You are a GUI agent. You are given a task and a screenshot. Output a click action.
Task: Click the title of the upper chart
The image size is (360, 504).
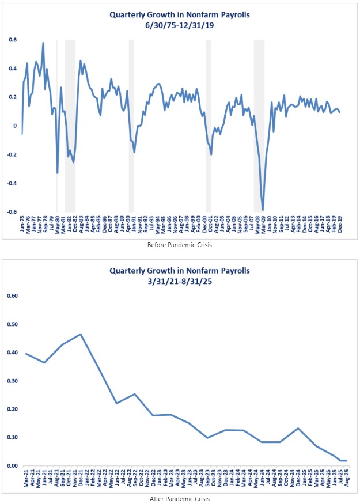(180, 15)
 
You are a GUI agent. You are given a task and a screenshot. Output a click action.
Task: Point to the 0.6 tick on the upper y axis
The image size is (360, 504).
(12, 40)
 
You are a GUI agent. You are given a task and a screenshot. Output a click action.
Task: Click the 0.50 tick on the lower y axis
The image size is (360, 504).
(12, 324)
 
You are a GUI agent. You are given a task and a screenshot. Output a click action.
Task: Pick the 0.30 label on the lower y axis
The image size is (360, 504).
(12, 381)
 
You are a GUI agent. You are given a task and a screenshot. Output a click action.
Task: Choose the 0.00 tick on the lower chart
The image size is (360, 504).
(12, 465)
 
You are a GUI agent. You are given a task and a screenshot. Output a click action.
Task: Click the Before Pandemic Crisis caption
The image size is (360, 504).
(180, 245)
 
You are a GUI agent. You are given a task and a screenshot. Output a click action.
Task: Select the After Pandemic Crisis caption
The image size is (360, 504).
(180, 499)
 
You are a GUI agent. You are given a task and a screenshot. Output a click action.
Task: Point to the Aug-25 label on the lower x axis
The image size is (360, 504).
(346, 478)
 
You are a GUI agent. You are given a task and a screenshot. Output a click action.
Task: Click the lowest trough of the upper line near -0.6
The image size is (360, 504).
(263, 210)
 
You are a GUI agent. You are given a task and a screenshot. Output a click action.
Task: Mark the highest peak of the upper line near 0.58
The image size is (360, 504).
(43, 43)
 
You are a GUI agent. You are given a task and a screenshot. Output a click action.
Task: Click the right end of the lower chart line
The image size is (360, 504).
(346, 460)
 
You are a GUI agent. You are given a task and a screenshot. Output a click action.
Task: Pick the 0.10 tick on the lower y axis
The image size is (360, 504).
(12, 437)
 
